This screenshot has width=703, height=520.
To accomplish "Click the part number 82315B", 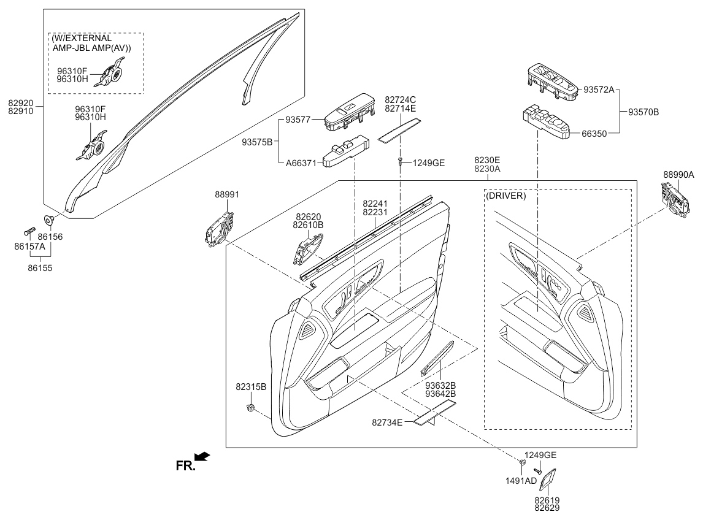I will pyautogui.click(x=250, y=387).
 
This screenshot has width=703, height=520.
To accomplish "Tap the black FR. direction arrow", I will pyautogui.click(x=202, y=457).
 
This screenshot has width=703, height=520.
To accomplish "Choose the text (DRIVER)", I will pyautogui.click(x=505, y=196).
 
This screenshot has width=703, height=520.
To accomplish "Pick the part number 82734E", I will pyautogui.click(x=387, y=422).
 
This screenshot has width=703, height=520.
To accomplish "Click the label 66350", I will pyautogui.click(x=594, y=132).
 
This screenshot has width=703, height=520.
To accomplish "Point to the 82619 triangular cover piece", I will pyautogui.click(x=549, y=480).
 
